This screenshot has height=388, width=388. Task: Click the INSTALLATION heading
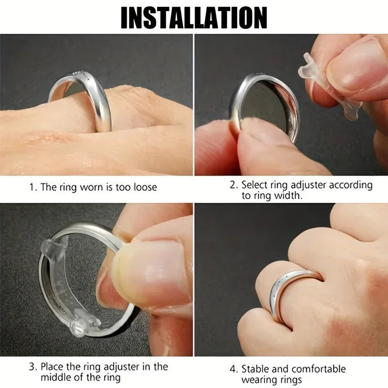(x=194, y=18)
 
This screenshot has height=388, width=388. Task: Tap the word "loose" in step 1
(x=144, y=187)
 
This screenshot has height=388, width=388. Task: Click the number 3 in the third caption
(x=31, y=367)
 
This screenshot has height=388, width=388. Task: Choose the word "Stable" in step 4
(x=256, y=369)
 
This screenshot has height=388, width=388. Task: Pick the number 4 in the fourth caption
(x=232, y=369)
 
